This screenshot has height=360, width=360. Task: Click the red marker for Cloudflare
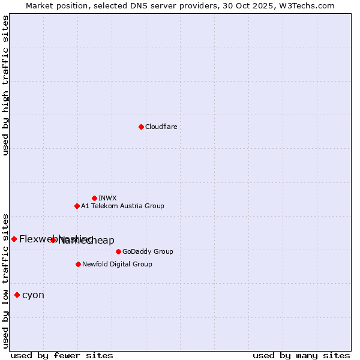[x=141, y=127]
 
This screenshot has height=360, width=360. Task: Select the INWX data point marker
[x=94, y=198]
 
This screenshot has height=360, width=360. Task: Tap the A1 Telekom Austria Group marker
[x=77, y=206]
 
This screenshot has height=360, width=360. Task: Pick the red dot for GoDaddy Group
[x=118, y=251]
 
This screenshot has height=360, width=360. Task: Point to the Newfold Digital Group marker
[x=78, y=264]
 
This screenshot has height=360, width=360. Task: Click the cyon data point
[x=17, y=295]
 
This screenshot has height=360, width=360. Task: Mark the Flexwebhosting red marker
[x=14, y=239]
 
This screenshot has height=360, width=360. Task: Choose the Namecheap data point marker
[x=53, y=240]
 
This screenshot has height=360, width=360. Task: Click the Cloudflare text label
[x=161, y=127]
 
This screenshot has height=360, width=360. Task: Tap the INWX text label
[x=107, y=198]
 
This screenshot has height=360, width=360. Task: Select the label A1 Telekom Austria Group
[x=122, y=206]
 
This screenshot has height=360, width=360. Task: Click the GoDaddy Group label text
[x=148, y=251]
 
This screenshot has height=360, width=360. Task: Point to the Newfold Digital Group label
[x=117, y=264]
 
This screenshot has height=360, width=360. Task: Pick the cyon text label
[x=33, y=295]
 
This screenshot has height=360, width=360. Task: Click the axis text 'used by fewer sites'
[x=62, y=355]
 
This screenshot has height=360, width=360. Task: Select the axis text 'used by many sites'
[x=301, y=355]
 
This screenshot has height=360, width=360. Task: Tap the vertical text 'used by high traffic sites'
[x=5, y=85]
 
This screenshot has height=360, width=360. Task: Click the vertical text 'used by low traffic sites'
[x=5, y=280]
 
